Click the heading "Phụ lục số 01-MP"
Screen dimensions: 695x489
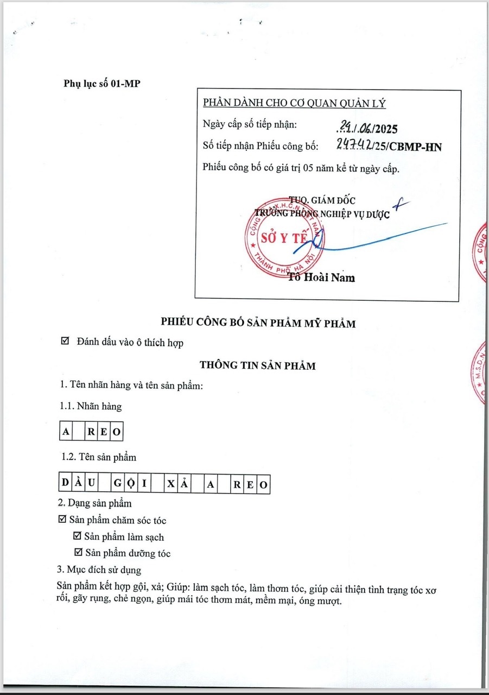102,84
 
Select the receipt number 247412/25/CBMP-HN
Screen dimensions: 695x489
388,146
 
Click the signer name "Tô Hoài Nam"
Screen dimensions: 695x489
322,277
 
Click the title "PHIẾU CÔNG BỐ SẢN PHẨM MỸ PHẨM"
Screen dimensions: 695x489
258,323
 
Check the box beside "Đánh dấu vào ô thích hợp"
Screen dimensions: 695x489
66,342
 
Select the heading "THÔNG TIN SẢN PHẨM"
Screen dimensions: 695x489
258,365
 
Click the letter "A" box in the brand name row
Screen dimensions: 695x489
66,432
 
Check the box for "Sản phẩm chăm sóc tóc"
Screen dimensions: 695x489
62,520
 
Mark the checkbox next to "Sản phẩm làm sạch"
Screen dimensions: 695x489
78,536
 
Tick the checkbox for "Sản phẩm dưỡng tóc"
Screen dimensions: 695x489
78,553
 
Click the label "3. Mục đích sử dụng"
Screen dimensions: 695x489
99,570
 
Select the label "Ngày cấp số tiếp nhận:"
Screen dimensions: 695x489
250,124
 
